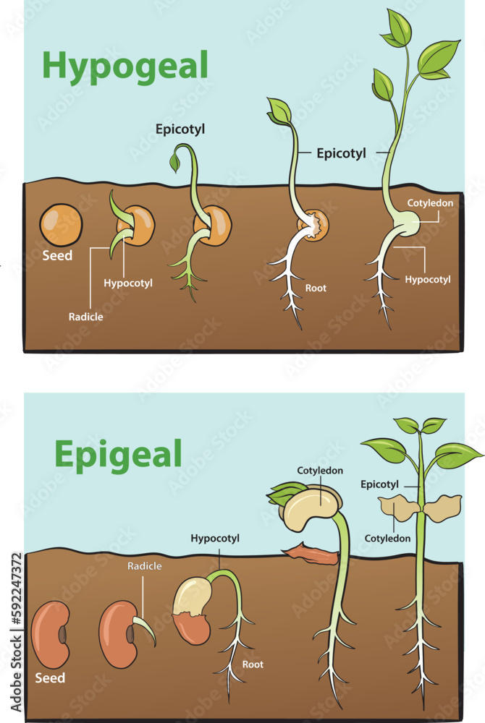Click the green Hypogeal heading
[x=125, y=65]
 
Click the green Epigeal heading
[x=117, y=455]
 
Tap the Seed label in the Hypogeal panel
[x=56, y=255]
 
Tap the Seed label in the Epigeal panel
[x=50, y=678]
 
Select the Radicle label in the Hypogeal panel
[x=86, y=317]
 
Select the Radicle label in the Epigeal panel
[x=144, y=566]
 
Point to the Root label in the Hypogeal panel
[x=316, y=288]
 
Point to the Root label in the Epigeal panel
[x=253, y=664]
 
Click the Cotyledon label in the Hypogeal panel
[x=430, y=203]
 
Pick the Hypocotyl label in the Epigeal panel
[x=215, y=539]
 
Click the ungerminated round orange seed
[x=60, y=226]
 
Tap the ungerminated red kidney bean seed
[x=53, y=633]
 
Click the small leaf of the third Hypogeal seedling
[x=174, y=163]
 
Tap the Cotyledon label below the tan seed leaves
[x=387, y=539]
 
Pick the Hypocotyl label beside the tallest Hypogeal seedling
[x=428, y=279]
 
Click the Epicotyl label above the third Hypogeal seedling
[x=180, y=129]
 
